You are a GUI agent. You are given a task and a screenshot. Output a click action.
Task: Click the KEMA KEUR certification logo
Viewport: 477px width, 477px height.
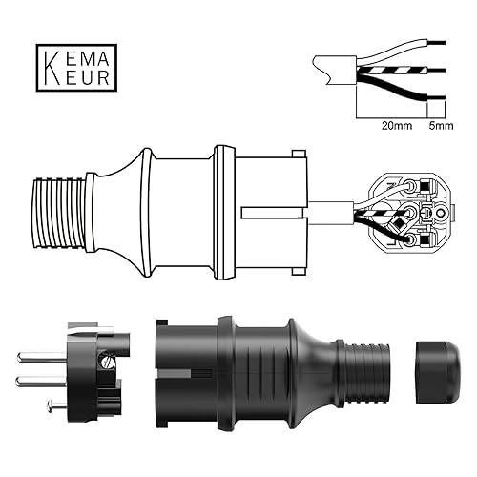pyautogui.click(x=76, y=68)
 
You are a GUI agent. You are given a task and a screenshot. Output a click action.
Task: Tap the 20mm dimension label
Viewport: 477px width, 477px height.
pyautogui.click(x=397, y=126)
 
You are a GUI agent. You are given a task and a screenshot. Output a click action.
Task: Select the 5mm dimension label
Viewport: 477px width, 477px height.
pyautogui.click(x=441, y=126)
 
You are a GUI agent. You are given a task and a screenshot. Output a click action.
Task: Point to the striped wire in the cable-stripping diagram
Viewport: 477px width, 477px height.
pyautogui.click(x=401, y=71)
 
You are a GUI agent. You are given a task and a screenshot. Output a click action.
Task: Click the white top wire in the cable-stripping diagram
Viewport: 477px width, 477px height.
pyautogui.click(x=401, y=51)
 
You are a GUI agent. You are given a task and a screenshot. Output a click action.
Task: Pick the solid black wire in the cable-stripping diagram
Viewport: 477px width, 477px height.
pyautogui.click(x=401, y=88)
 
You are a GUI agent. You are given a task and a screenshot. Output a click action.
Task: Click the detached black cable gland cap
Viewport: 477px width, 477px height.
pyautogui.click(x=438, y=373)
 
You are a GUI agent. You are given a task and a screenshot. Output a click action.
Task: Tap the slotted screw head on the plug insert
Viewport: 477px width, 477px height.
pyautogui.click(x=107, y=362)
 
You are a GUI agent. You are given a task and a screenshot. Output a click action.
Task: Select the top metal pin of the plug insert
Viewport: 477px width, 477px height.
pyautogui.click(x=43, y=357)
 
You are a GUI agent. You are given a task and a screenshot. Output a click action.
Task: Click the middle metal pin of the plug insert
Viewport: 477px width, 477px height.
pyautogui.click(x=41, y=381)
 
